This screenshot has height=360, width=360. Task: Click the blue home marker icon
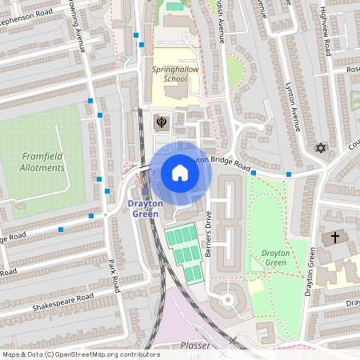180,173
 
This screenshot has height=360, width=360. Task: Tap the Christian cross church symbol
335,238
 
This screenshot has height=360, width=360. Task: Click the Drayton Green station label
146,209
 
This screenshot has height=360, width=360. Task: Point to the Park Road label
113,275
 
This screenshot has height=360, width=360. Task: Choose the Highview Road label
325,35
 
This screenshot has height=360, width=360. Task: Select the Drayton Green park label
274,258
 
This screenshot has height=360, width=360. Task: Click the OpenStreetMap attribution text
81,354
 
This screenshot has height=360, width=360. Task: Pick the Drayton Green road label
310,272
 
